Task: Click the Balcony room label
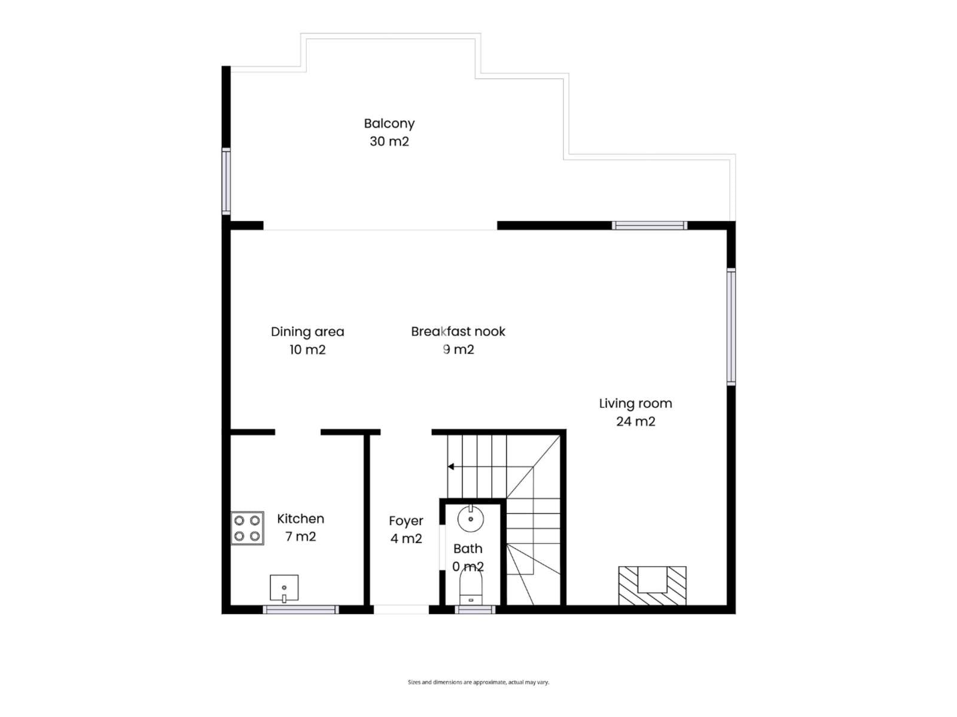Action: [x=389, y=124]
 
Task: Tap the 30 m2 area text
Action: [x=389, y=142]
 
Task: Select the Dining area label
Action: [x=307, y=332]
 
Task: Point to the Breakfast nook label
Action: [x=458, y=331]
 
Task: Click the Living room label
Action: [x=635, y=403]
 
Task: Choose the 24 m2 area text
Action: [x=635, y=421]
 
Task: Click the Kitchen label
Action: [x=300, y=519]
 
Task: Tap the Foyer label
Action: [x=406, y=521]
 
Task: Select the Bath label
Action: [x=468, y=549]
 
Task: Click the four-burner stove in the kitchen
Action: [x=247, y=528]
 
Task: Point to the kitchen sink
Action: [x=284, y=588]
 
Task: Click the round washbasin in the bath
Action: [x=471, y=519]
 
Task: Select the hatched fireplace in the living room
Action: [x=652, y=586]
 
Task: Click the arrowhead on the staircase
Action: [x=451, y=467]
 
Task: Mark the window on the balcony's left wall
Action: [x=226, y=181]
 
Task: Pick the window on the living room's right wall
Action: [x=731, y=326]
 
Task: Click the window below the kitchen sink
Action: [x=301, y=609]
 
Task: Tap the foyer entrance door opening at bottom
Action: [x=401, y=609]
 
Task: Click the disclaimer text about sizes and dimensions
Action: [x=478, y=682]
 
